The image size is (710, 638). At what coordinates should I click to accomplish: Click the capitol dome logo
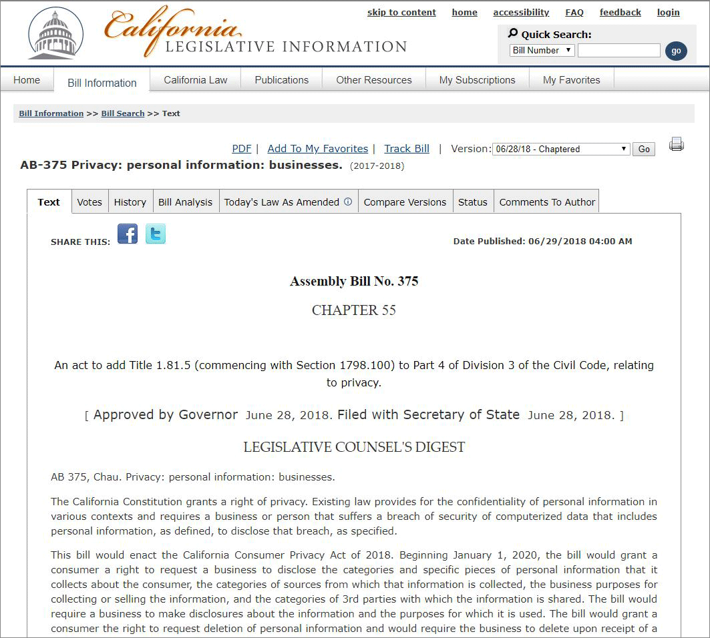[x=55, y=33]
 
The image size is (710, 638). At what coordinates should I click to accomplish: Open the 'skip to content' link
[x=401, y=13]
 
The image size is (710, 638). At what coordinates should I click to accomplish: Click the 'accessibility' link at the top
[x=521, y=13]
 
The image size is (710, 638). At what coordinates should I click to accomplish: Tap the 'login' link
[x=668, y=13]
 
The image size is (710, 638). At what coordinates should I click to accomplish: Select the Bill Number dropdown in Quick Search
[x=542, y=51]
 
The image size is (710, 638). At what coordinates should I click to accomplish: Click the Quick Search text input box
[x=618, y=51]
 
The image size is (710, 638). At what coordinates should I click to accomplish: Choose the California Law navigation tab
[x=196, y=80]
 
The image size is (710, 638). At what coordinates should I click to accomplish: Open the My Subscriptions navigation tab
[x=477, y=80]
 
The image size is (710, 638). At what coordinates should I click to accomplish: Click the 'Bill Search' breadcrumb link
[x=123, y=113]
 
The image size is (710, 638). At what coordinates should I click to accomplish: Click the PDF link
[x=241, y=149]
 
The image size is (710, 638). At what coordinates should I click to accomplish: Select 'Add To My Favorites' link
[x=317, y=149]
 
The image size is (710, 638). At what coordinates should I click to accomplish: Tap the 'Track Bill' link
[x=407, y=149]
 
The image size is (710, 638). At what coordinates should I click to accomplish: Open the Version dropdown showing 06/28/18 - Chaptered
[x=561, y=149]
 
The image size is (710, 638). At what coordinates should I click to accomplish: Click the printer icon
[x=676, y=144]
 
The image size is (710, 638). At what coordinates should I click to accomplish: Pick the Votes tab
[x=90, y=202]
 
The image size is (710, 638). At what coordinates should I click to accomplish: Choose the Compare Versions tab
[x=405, y=202]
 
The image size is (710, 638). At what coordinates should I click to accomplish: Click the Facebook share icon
[x=128, y=234]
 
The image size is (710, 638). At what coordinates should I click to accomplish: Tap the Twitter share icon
[x=156, y=234]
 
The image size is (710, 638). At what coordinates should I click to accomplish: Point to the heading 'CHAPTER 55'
[x=354, y=310]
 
